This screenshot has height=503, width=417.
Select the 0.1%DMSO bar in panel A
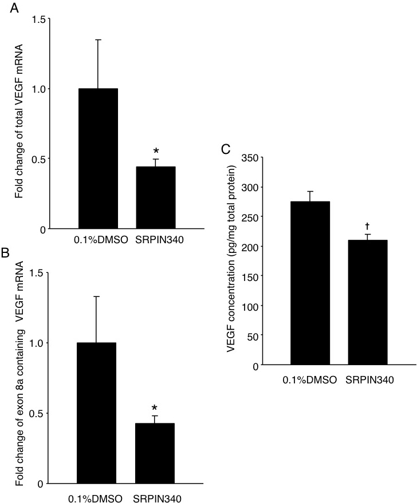tap(98, 159)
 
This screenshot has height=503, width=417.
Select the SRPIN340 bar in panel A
tap(155, 197)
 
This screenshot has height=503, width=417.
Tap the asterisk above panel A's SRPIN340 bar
tap(156, 153)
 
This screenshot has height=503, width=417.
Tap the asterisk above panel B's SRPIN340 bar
tap(155, 409)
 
